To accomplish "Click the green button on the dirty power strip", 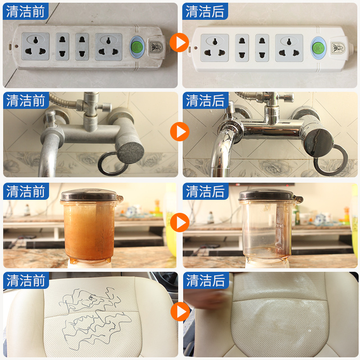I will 137,46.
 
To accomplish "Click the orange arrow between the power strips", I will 180,43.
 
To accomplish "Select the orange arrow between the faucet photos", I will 180,132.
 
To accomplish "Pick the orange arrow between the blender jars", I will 180,222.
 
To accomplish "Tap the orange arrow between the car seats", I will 180,310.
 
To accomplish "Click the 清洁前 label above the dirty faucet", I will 26,100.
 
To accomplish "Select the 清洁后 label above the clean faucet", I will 205,100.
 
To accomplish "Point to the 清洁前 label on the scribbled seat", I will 26,280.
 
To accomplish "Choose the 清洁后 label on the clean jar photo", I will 205,191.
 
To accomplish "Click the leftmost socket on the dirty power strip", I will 36,46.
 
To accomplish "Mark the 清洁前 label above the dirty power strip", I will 26,11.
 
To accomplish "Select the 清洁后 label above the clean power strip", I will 205,11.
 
